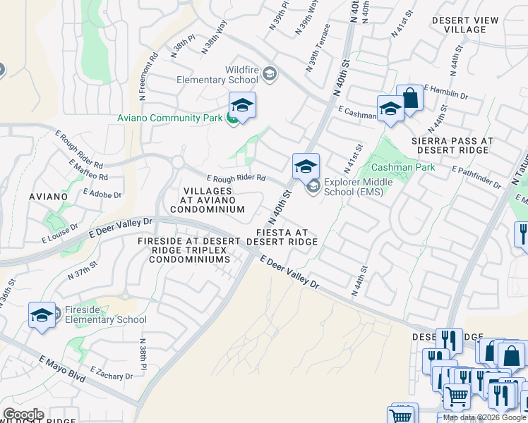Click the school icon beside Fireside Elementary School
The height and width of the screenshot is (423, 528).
(x=42, y=314)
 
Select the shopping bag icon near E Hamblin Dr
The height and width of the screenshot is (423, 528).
(x=409, y=99)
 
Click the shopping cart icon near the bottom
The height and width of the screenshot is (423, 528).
(x=457, y=397)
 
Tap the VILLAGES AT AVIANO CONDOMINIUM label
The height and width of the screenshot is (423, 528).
(x=208, y=200)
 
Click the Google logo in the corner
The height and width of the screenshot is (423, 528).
(x=23, y=415)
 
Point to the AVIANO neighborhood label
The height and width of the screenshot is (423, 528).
(x=48, y=196)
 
